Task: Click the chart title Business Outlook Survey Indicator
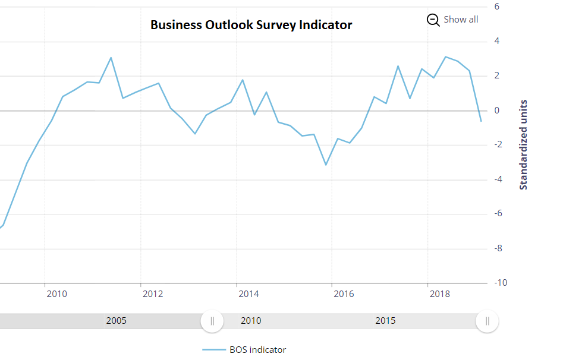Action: [x=251, y=25]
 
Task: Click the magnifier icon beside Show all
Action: [x=433, y=20]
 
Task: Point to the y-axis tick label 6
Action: [x=496, y=7]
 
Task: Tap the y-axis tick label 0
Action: [x=496, y=110]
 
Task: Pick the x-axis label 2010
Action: [x=56, y=294]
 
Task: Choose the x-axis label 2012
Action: [x=152, y=294]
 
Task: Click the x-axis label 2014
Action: [x=248, y=294]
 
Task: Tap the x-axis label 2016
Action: [x=344, y=294]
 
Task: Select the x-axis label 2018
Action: [x=439, y=294]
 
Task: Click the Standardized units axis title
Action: [x=524, y=144]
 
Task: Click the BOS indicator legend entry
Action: [x=257, y=350]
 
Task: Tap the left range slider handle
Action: [x=212, y=321]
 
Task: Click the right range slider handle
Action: [x=487, y=321]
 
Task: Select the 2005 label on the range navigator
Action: [x=116, y=321]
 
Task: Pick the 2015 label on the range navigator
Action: [x=385, y=321]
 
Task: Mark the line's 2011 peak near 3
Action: [x=111, y=58]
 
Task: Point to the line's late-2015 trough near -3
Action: [x=326, y=165]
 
